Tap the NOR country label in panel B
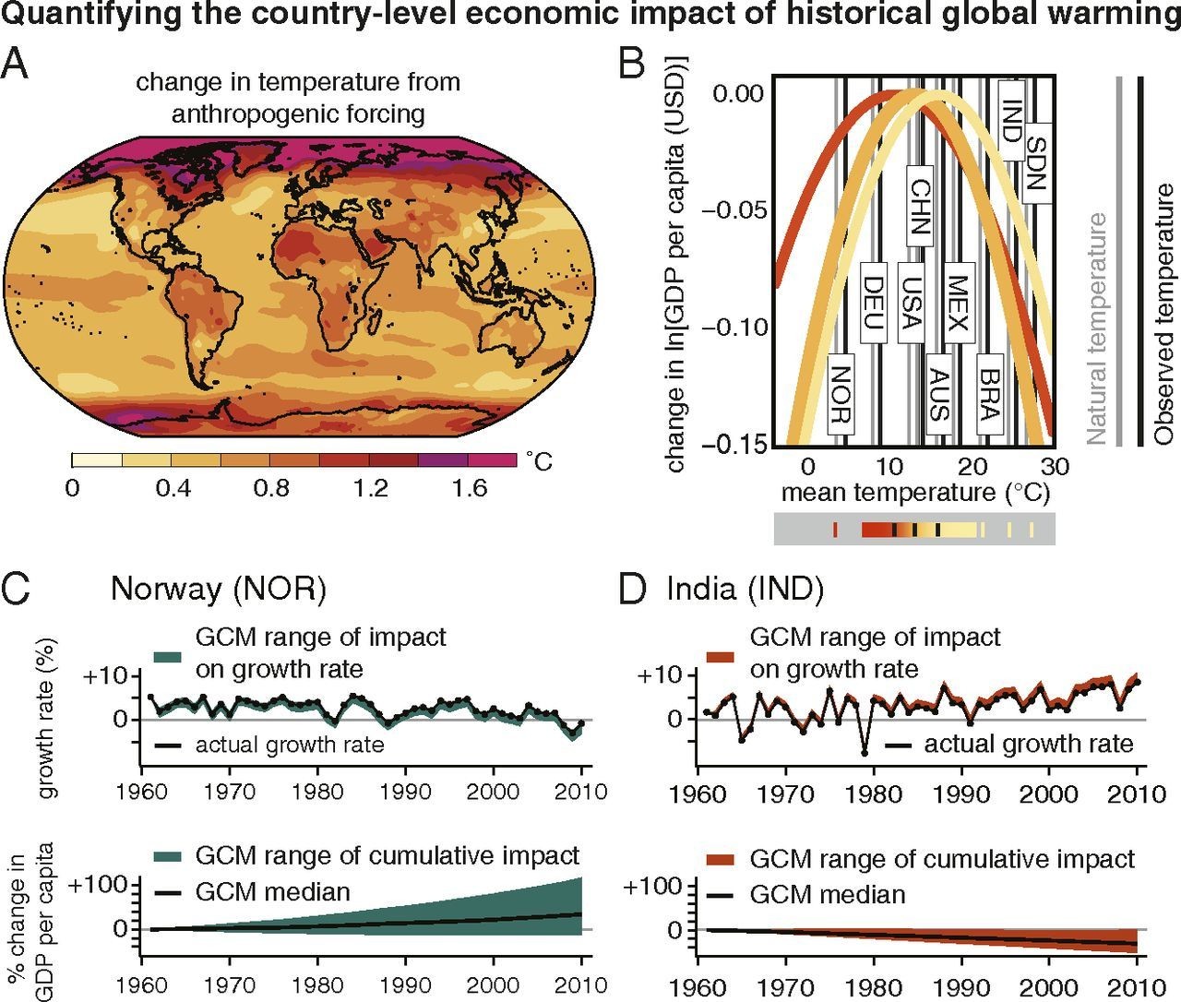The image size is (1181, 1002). pos(840,393)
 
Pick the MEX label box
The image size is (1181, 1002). pos(956,304)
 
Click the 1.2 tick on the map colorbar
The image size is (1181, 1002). pos(371,488)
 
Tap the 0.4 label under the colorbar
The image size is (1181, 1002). pos(173,488)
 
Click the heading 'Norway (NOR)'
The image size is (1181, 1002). pos(219,590)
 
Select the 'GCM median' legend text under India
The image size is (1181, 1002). pos(827,894)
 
